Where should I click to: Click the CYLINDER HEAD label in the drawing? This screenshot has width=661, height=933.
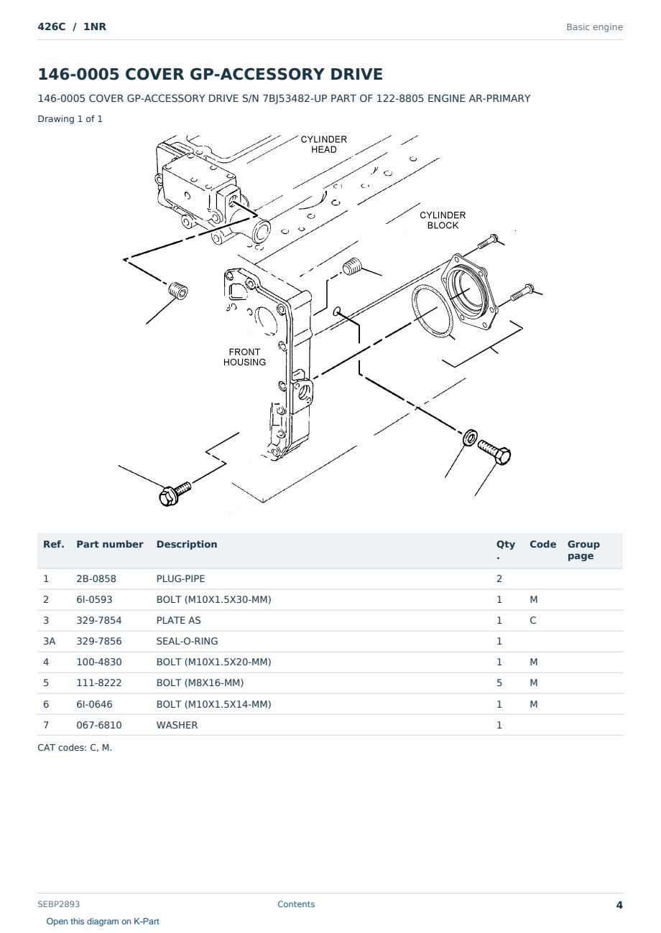pos(323,144)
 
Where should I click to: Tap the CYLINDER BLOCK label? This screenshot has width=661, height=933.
pos(443,220)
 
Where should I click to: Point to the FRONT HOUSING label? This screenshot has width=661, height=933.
pos(244,357)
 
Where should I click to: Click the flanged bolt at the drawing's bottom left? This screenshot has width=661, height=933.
pos(175,494)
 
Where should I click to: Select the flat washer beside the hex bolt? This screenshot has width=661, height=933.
pos(471,437)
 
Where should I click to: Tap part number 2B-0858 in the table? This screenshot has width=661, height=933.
pos(96,578)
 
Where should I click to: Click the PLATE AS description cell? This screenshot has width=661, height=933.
pos(178,620)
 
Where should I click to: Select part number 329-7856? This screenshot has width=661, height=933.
pos(99,641)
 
